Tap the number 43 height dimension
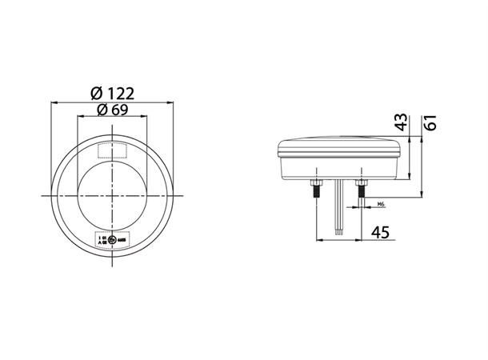[402, 122]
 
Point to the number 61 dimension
[430, 122]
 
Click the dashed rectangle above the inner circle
[112, 150]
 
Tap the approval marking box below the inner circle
[112, 238]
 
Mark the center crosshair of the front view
[113, 196]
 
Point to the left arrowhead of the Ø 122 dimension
[54, 102]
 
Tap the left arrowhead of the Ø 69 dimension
[80, 117]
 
